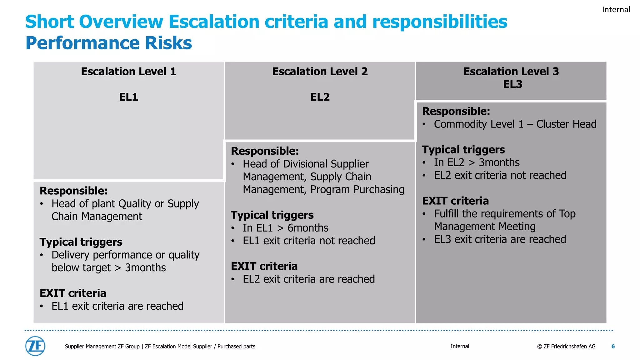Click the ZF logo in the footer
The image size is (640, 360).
pyautogui.click(x=35, y=346)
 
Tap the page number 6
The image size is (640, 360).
pyautogui.click(x=613, y=346)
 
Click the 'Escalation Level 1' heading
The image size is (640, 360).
pyautogui.click(x=128, y=72)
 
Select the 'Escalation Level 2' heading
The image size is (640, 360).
pyautogui.click(x=320, y=72)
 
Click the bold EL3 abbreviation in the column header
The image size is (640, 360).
pyautogui.click(x=512, y=84)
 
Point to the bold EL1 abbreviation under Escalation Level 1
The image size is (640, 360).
pyautogui.click(x=128, y=97)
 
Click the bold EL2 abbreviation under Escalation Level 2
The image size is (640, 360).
pyautogui.click(x=320, y=97)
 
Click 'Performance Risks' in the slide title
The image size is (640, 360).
pyautogui.click(x=108, y=43)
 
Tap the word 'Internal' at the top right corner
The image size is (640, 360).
pyautogui.click(x=616, y=10)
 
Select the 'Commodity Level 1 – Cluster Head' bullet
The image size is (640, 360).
pyautogui.click(x=515, y=124)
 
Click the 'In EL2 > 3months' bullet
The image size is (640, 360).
pyautogui.click(x=477, y=162)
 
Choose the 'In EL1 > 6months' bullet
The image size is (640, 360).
pyautogui.click(x=285, y=228)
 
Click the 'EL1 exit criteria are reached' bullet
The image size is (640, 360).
pyautogui.click(x=117, y=306)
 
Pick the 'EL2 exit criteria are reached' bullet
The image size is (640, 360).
pyautogui.click(x=308, y=279)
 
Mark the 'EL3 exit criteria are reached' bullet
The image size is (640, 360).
pyautogui.click(x=500, y=239)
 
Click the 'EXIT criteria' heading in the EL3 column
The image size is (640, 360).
pyautogui.click(x=455, y=201)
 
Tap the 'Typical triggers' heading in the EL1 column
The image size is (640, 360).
pyautogui.click(x=81, y=242)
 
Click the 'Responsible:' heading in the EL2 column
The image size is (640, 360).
pyautogui.click(x=265, y=151)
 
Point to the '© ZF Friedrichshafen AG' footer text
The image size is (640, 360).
pyautogui.click(x=566, y=346)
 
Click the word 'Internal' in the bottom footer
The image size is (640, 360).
pyautogui.click(x=460, y=346)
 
